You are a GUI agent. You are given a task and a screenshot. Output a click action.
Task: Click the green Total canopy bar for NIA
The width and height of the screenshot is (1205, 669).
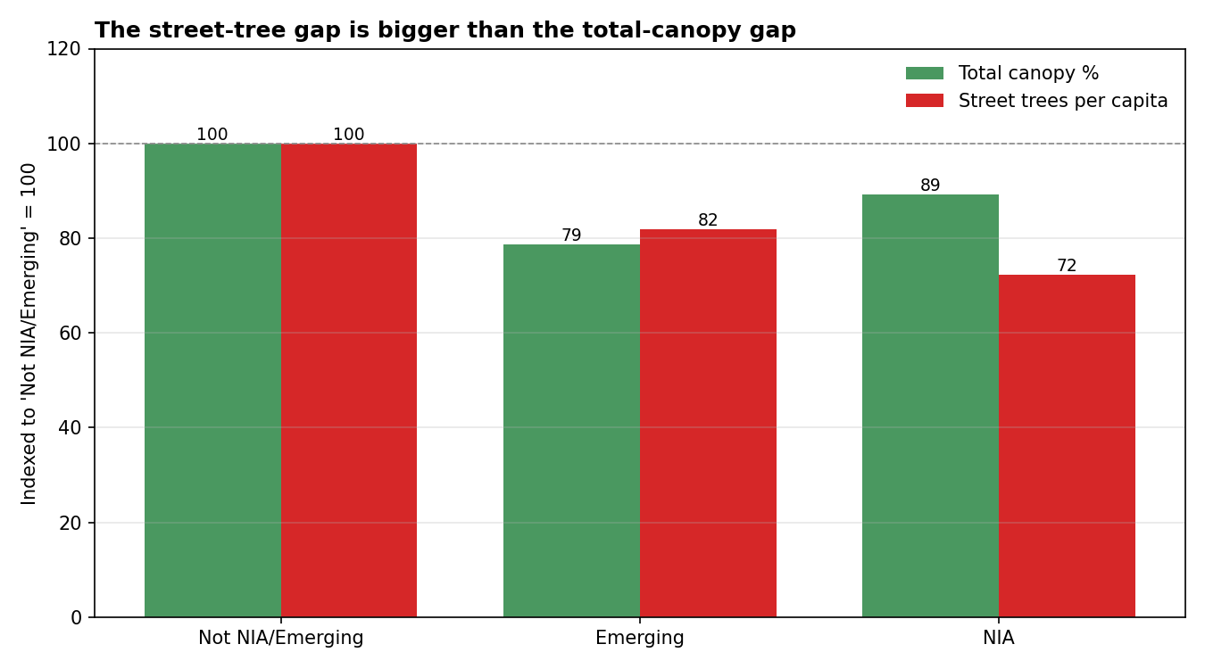[x=930, y=406]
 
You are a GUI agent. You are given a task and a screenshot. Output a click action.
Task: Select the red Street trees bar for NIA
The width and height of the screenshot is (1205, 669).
[x=1067, y=446]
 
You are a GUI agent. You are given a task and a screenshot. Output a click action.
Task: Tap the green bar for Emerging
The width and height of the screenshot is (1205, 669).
[x=571, y=431]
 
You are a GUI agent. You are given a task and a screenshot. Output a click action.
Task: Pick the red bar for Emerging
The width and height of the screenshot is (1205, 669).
[x=708, y=423]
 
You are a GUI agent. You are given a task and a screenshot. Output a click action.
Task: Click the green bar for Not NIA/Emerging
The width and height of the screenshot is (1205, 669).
[x=212, y=380]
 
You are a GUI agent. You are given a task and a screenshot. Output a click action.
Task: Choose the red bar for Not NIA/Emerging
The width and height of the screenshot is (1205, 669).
[x=349, y=380]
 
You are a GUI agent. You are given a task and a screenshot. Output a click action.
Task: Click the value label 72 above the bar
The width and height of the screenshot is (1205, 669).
[x=1067, y=266]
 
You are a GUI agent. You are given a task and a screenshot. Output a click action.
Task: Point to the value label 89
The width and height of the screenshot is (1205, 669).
[x=930, y=186]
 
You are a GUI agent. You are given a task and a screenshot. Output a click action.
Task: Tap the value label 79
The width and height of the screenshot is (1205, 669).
[x=571, y=235]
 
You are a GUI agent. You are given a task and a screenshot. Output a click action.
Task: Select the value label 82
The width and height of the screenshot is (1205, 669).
[x=708, y=220]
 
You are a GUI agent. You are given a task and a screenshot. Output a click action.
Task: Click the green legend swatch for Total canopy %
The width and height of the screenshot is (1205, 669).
[x=924, y=74]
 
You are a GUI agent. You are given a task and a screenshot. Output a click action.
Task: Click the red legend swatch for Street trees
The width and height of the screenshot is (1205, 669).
[x=924, y=101]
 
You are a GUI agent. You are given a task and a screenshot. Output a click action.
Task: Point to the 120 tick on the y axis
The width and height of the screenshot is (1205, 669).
[x=64, y=49]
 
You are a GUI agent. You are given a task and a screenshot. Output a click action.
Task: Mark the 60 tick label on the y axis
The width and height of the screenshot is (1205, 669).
[x=70, y=334]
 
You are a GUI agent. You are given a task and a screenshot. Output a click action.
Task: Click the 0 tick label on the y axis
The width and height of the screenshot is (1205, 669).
[x=76, y=617]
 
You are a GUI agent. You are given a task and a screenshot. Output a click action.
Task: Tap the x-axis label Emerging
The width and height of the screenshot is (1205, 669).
[x=640, y=639]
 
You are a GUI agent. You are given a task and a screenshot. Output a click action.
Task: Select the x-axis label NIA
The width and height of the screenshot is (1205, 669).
[x=999, y=639]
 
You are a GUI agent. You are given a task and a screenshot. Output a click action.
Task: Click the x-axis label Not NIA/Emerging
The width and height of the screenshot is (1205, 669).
[x=281, y=639]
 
